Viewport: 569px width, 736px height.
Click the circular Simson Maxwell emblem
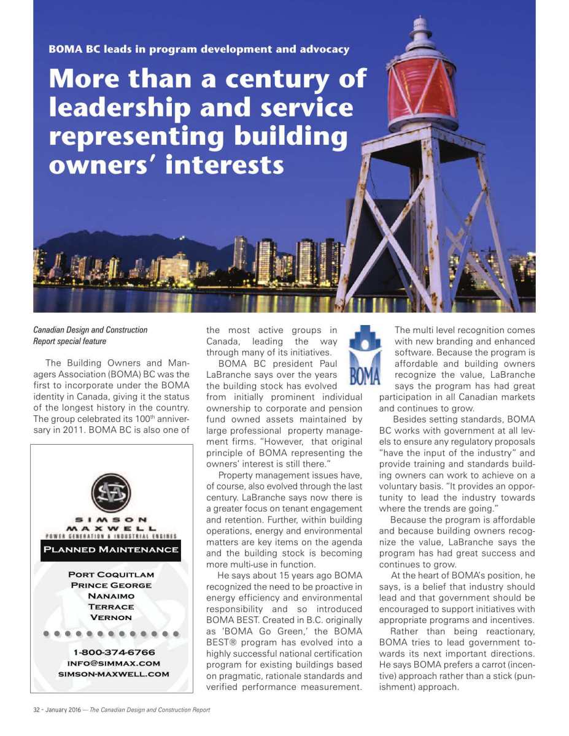pos(111,493)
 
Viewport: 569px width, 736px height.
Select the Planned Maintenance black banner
pos(111,550)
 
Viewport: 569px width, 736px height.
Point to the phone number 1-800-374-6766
pos(114,652)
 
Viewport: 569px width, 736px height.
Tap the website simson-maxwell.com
pos(114,674)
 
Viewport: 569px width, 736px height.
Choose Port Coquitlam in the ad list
pos(111,575)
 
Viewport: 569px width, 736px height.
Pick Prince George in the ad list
pos(111,585)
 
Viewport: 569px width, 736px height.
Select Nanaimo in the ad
pos(111,596)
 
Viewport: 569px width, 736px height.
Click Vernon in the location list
pos(111,618)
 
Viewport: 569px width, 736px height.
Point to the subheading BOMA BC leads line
pos(199,49)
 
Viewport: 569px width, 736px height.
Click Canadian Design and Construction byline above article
pos(90,330)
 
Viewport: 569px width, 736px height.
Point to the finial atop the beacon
pos(420,26)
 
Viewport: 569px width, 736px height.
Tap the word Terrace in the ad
pos(111,607)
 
